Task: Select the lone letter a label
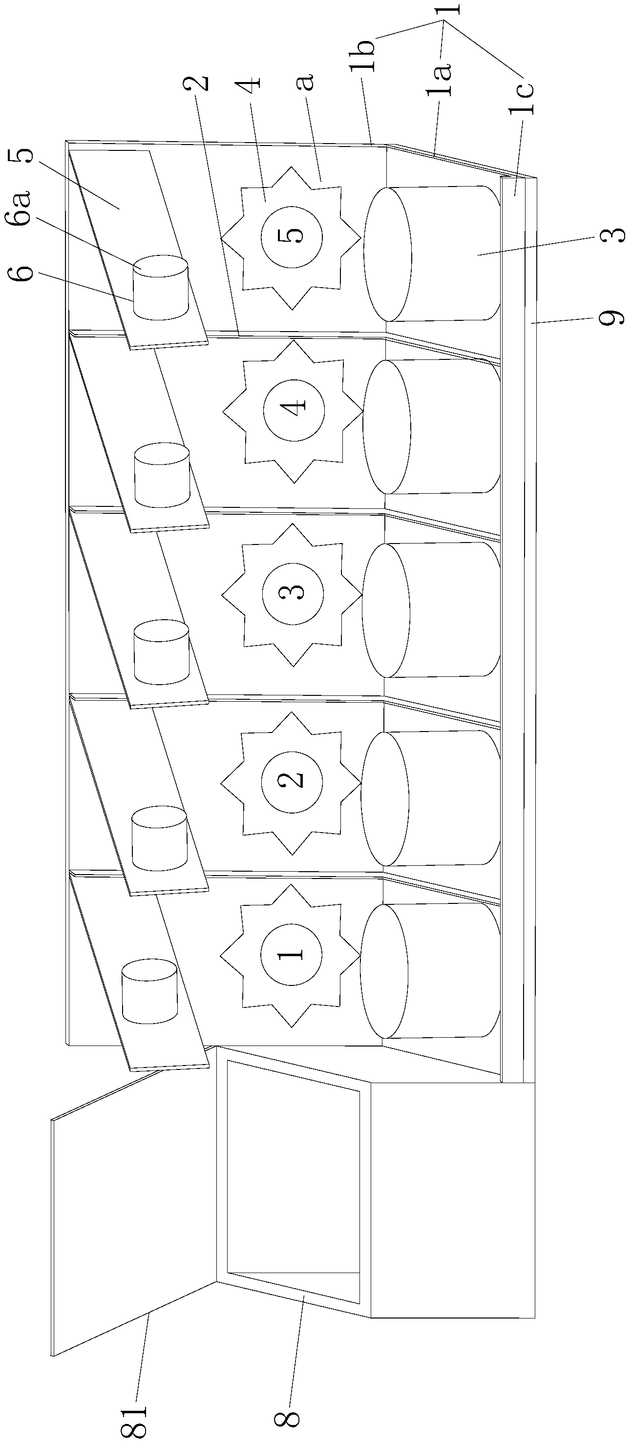tap(305, 84)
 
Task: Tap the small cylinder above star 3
tap(161, 652)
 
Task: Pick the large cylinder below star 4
tap(431, 427)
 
